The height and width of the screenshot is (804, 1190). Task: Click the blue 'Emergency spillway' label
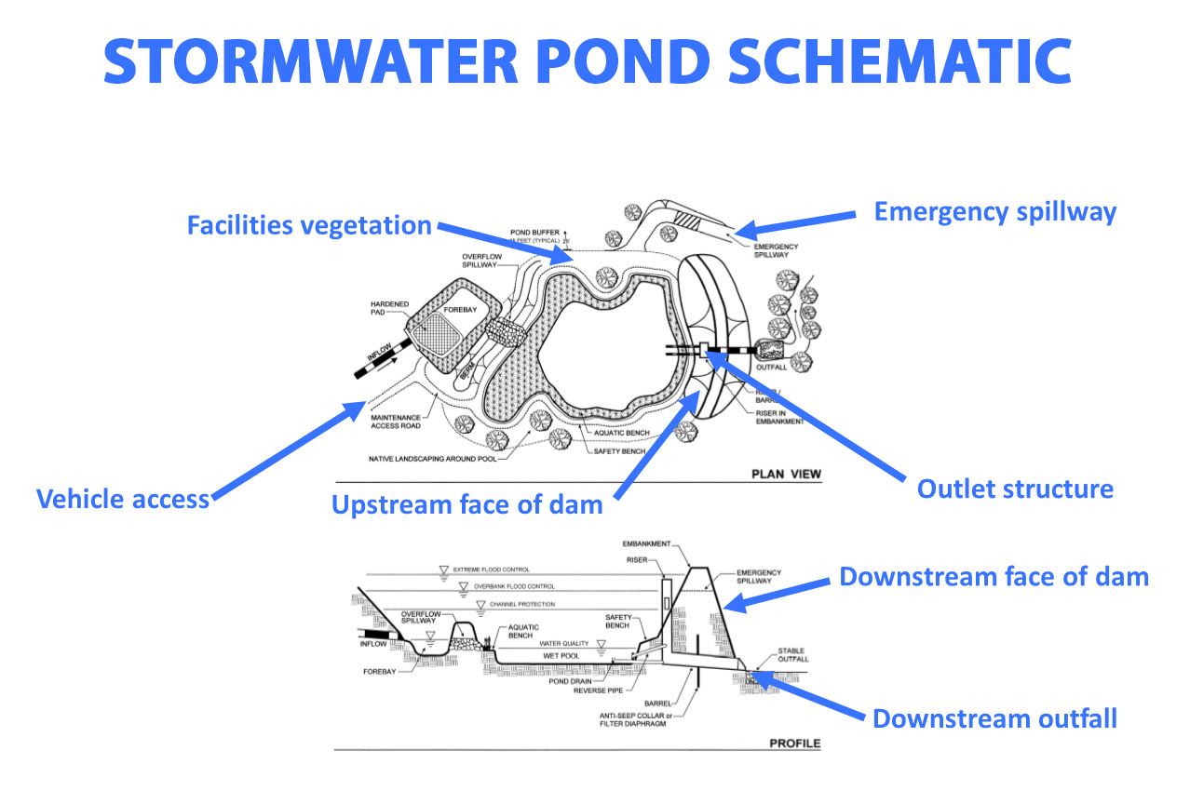pos(994,211)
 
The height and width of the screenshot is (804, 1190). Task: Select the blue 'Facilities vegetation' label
pos(309,225)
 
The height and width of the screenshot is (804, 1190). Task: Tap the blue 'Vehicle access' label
pos(122,499)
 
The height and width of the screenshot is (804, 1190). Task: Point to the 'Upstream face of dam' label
pos(467,505)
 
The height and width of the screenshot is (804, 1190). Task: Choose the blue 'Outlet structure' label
pos(1015,489)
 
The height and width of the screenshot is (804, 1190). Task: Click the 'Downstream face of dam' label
pos(994,576)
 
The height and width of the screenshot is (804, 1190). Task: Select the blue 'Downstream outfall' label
pos(994,718)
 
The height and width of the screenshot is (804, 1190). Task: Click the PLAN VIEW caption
pos(786,475)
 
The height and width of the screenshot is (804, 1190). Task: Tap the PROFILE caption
pos(793,744)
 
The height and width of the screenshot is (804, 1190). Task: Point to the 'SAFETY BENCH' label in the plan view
pos(619,451)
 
